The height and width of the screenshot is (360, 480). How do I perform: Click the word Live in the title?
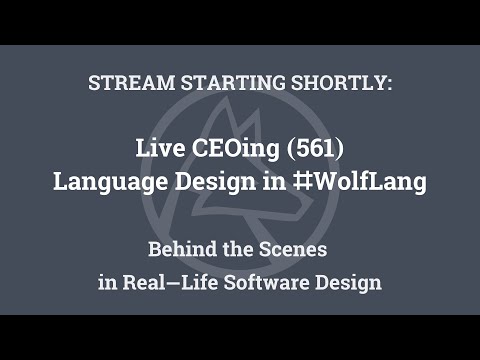tap(157, 150)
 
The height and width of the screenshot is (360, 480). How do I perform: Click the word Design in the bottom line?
tap(350, 282)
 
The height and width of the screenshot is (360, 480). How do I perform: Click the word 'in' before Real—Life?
tap(107, 282)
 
